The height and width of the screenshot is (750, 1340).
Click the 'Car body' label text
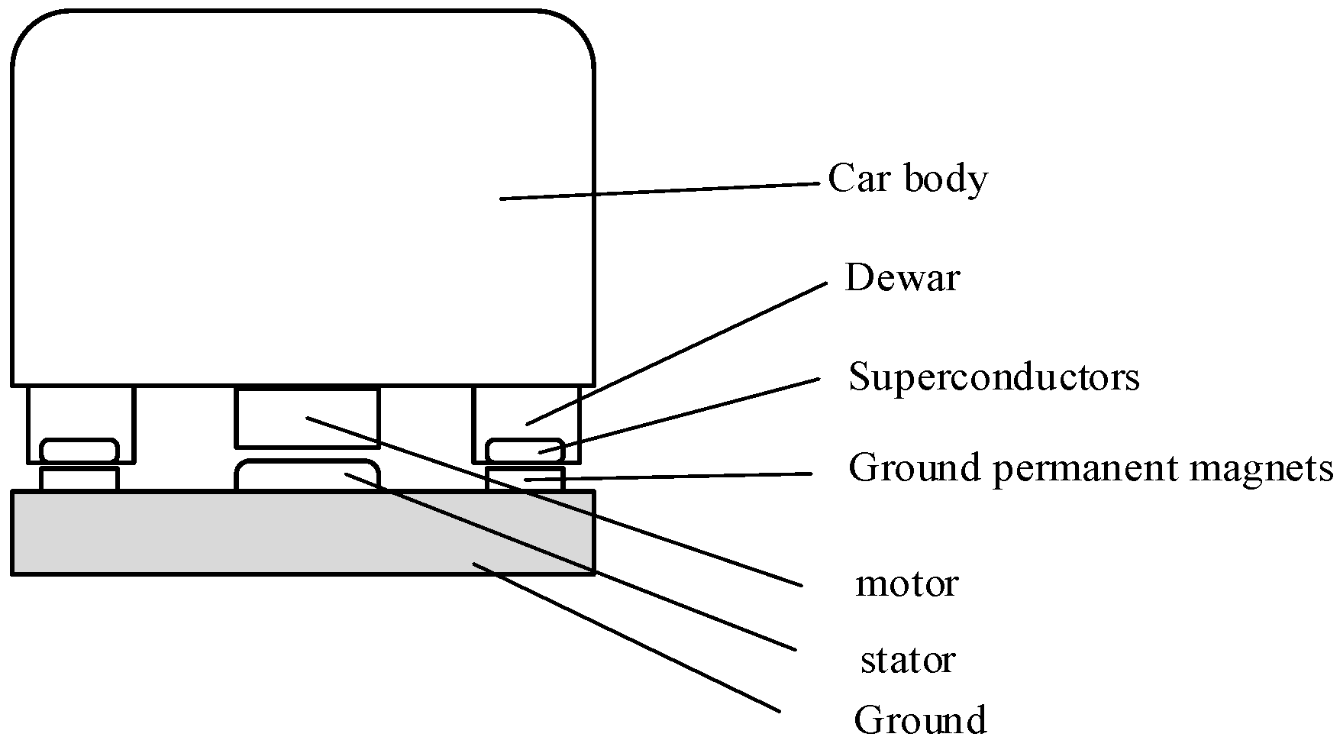907,179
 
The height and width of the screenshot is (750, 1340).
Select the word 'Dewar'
901,278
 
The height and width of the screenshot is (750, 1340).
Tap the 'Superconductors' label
993,377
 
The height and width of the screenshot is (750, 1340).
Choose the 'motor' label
906,584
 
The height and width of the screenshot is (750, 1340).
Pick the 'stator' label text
907,660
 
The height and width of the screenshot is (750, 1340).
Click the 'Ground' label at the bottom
919,719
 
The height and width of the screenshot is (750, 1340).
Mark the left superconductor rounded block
79,450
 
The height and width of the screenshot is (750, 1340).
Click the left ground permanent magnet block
79,479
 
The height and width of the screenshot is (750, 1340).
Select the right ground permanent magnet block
504,480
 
